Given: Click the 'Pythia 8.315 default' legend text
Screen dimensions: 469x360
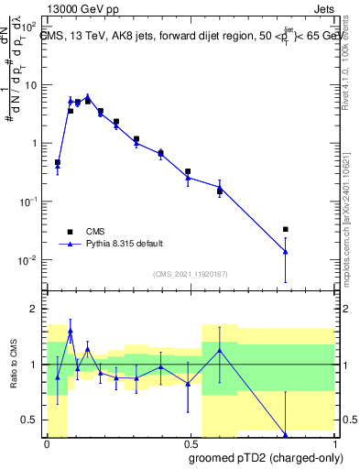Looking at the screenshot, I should pos(125,244).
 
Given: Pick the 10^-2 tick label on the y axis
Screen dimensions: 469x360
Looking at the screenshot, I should pos(28,260).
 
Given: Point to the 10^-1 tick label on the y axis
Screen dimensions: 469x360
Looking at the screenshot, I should pos(28,202).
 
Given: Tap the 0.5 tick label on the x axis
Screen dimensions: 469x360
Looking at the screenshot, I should pos(190,442).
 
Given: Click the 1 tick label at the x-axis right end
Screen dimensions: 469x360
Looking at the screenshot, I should pos(333,442).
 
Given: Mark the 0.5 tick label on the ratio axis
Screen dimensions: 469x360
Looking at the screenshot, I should pos(30,420).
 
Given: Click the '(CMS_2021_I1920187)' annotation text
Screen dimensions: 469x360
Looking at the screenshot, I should pos(189,274).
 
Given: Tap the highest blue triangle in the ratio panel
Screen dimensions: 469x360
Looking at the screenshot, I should pos(71,332).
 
